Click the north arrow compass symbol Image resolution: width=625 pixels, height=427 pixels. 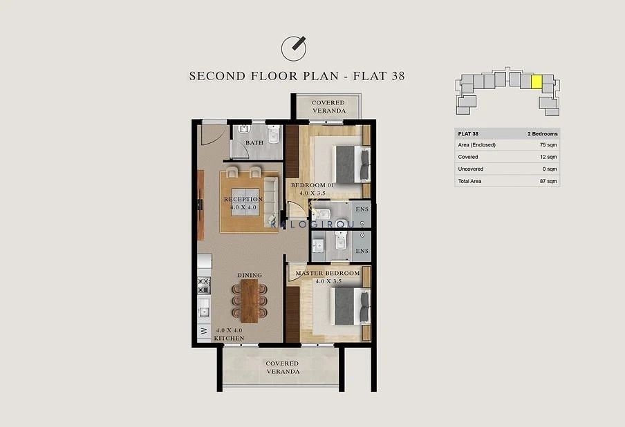point(294,48)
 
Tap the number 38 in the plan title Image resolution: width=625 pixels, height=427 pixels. point(398,76)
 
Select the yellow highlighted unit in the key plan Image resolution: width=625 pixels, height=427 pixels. point(537,82)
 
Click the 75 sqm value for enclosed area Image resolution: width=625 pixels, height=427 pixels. point(548,145)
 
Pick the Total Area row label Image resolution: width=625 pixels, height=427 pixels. point(469,181)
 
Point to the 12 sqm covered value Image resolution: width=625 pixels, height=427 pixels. point(548,157)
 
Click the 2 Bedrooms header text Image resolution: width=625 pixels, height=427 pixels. point(543,134)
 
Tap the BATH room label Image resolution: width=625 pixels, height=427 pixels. point(254,142)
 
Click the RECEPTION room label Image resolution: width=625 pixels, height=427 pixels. point(243,199)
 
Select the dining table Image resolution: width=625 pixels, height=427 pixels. point(250,301)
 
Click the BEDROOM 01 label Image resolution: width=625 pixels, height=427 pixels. point(312,185)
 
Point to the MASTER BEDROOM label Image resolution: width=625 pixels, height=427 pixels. point(328,273)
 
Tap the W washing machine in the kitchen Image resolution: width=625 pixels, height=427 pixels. point(204,331)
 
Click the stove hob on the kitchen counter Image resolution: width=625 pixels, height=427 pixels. point(204,285)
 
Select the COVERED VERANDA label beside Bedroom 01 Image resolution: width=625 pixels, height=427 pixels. point(328,106)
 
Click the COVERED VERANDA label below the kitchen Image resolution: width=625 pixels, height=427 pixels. point(283,368)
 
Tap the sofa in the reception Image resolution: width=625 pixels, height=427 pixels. point(270,202)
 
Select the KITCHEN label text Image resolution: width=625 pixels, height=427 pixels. point(230,338)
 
